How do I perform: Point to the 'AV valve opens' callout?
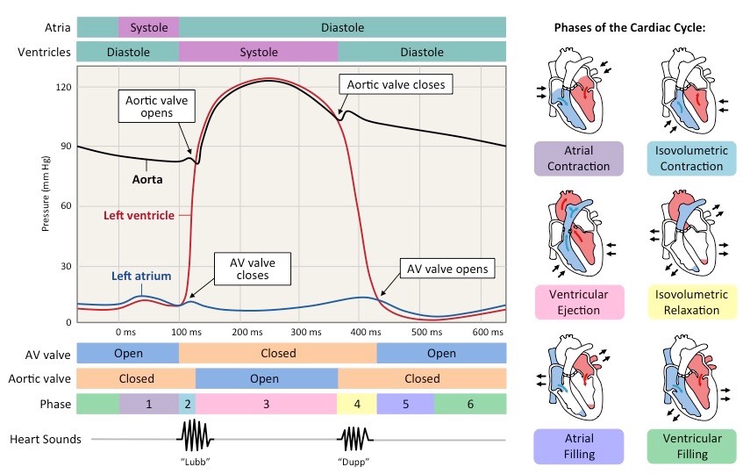(447, 268)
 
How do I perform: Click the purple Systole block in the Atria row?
(148, 27)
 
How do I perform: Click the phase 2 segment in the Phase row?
(187, 404)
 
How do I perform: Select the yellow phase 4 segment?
(356, 404)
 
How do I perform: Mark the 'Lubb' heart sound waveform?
(197, 434)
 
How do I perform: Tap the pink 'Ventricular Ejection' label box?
(578, 302)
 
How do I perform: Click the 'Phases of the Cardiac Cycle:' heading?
(630, 28)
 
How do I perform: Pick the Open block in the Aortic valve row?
(266, 378)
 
